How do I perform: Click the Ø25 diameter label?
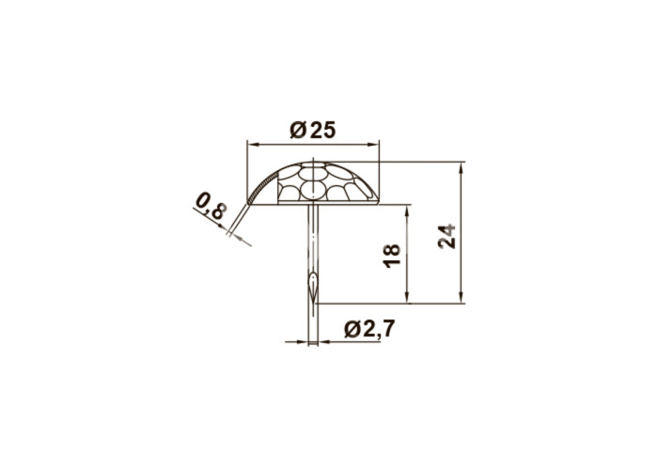[x=313, y=131]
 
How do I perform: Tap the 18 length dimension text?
[x=392, y=256]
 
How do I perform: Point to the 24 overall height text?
[x=446, y=236]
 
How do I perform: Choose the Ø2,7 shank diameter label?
[x=369, y=329]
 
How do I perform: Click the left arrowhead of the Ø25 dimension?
[x=253, y=145]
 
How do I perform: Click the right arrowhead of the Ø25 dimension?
[x=373, y=145]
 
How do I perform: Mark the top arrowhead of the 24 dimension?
[x=462, y=168]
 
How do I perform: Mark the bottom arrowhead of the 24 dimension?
[x=462, y=297]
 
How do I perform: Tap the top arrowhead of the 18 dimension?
[x=406, y=211]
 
